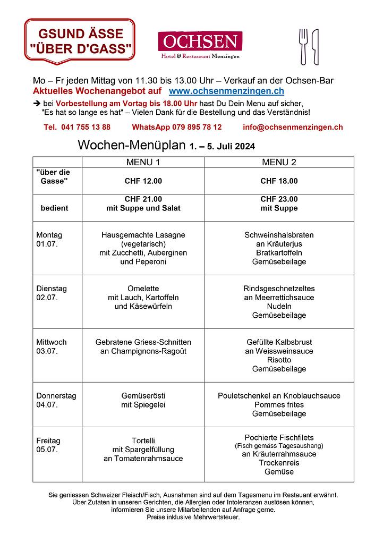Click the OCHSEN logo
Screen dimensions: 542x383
200,45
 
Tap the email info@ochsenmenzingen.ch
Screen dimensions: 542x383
292,127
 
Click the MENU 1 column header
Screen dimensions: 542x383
143,162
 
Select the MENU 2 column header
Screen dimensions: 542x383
279,162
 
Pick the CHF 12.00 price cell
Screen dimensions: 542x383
143,181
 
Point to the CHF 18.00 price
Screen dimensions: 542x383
279,181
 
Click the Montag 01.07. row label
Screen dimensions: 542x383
49,239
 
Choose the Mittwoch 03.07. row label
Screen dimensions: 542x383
52,346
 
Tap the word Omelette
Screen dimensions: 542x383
143,289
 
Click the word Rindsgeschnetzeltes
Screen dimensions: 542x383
279,289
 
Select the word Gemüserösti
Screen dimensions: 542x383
143,396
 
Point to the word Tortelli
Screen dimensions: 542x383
143,441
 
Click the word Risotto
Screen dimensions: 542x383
279,360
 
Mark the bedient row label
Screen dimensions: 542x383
54,208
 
